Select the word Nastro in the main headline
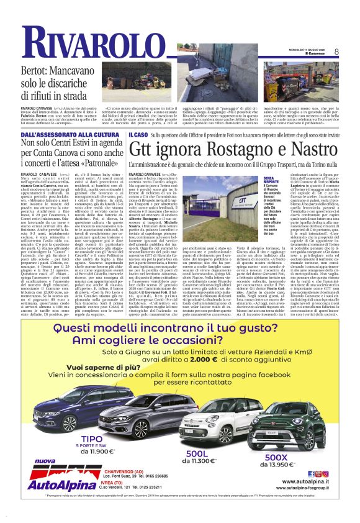pyautogui.click(x=305, y=149)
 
